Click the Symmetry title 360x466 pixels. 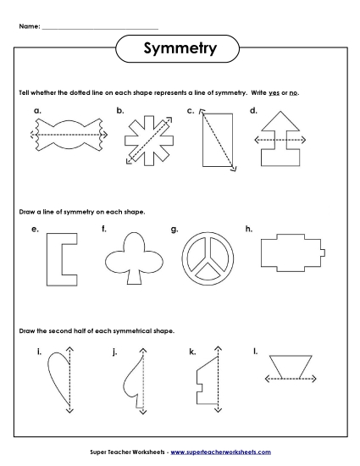(180, 48)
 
